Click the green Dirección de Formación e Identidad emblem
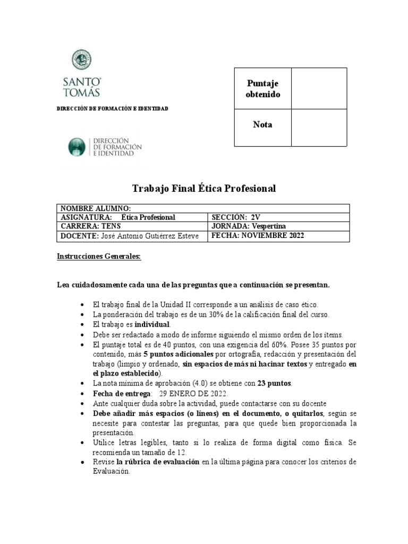76,147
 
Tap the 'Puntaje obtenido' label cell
263,89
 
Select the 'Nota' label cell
263,125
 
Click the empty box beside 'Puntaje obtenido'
319,89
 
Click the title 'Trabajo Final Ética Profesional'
203,189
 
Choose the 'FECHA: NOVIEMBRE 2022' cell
258,235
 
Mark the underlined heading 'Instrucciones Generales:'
99,257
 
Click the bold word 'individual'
152,324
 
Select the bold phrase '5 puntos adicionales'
178,354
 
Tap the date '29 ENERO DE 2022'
193,393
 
